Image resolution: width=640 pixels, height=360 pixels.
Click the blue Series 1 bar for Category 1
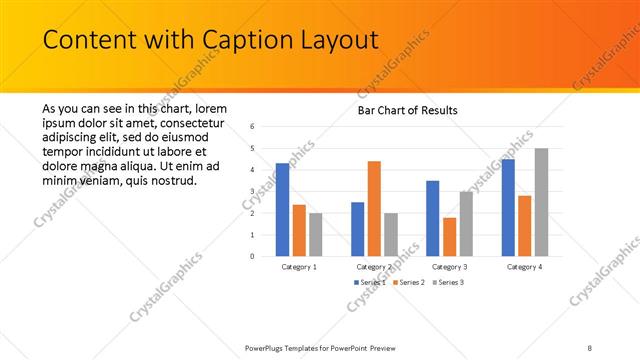coord(282,209)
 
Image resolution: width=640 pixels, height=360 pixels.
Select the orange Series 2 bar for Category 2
coord(374,208)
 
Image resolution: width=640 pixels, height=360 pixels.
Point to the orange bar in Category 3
coord(449,236)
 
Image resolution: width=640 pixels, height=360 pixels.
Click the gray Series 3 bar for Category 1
coord(316,234)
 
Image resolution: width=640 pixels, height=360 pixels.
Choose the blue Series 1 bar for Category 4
coord(508,207)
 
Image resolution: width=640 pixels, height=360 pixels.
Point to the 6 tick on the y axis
coord(254,127)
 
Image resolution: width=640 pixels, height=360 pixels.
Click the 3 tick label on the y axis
coord(254,191)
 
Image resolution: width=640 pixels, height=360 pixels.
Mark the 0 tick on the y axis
coord(254,256)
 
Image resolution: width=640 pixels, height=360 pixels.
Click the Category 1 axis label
coord(299,267)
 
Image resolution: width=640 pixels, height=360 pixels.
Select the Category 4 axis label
coord(524,267)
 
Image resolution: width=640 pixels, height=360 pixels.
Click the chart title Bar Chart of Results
coord(408,110)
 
